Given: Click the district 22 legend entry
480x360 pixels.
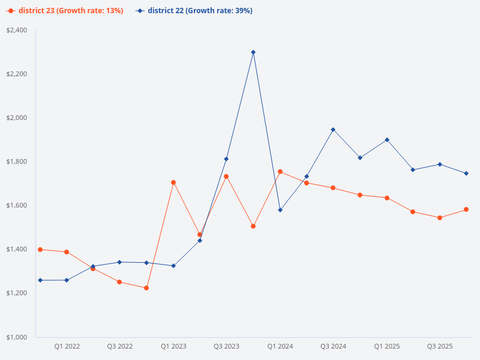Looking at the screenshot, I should (x=194, y=11).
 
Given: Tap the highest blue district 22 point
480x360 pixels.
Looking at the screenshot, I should (x=253, y=52).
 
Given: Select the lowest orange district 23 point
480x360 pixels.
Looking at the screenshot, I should (x=146, y=288).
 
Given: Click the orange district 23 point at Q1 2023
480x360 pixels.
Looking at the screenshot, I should (x=173, y=182).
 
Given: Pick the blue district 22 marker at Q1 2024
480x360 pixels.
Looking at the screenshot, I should (x=280, y=210).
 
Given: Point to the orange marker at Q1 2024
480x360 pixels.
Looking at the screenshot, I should (x=280, y=172).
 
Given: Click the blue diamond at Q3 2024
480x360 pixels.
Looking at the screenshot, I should (x=333, y=130).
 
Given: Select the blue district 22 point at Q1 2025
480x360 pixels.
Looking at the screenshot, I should (x=387, y=140).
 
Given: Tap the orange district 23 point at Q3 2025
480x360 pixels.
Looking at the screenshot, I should (x=440, y=218).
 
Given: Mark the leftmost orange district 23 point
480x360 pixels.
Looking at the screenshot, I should (x=40, y=250).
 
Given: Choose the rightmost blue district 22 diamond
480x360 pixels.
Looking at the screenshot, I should (x=466, y=173).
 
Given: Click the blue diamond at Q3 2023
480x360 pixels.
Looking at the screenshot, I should (x=226, y=159).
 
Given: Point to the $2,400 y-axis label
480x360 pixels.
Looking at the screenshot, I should (x=17, y=30).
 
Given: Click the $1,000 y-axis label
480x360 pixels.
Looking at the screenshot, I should (x=17, y=337).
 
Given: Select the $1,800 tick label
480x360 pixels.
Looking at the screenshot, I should (x=17, y=161).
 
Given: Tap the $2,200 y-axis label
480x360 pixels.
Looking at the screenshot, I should (x=17, y=74).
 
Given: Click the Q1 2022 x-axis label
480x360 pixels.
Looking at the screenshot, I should (x=67, y=347).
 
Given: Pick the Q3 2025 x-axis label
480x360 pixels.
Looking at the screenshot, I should (x=440, y=347).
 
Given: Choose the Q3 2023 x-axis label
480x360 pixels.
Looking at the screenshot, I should (x=226, y=347).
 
